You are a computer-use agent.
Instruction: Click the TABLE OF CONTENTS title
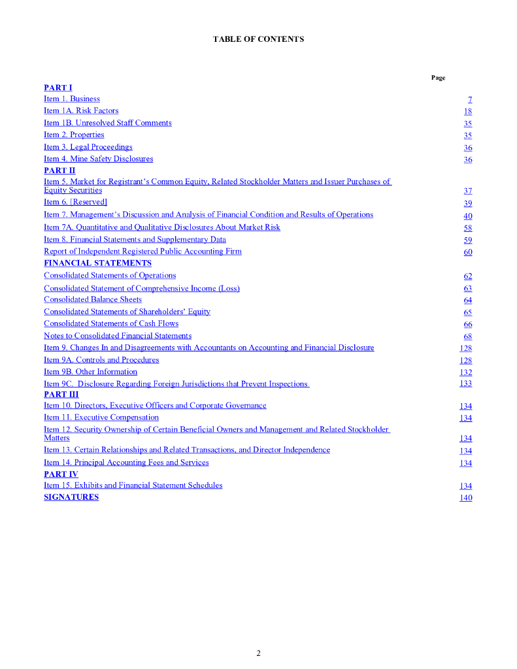click(x=258, y=39)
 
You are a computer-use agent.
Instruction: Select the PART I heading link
click(x=58, y=88)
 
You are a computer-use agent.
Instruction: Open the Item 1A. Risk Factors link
click(x=81, y=111)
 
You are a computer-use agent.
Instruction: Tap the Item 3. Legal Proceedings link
click(x=88, y=147)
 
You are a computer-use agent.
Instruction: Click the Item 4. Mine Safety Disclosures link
click(x=98, y=159)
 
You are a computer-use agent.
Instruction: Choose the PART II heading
click(x=59, y=171)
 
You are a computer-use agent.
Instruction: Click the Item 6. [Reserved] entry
click(x=75, y=203)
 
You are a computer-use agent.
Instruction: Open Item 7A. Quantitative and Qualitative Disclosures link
click(x=161, y=227)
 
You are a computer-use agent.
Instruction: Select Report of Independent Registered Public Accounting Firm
click(x=142, y=252)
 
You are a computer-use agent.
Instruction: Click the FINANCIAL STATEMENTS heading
click(x=97, y=263)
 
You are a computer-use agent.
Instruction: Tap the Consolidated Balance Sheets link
click(x=92, y=300)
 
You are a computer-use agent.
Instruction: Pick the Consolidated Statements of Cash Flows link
click(x=111, y=323)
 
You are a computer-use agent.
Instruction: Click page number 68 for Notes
click(x=467, y=336)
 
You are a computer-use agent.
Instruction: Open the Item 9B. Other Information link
click(x=90, y=372)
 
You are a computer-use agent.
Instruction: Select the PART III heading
click(x=61, y=395)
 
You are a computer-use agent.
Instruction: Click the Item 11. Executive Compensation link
click(x=101, y=417)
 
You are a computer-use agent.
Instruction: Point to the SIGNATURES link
click(x=71, y=497)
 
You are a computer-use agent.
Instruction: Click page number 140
click(x=465, y=498)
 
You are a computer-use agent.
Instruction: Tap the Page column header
click(x=438, y=78)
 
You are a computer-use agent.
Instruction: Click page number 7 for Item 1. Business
click(x=470, y=99)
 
